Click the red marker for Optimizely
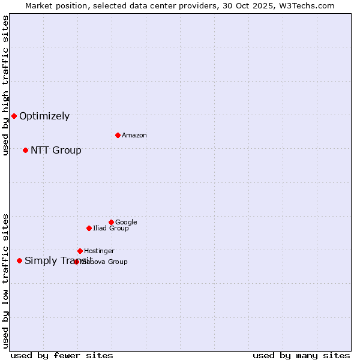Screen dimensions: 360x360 (x=14, y=116)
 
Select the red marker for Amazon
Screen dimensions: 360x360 (x=118, y=135)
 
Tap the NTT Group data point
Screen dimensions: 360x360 (x=25, y=150)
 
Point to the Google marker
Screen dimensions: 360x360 (x=111, y=222)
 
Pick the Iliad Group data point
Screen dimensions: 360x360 (x=89, y=228)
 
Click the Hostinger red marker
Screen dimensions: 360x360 (x=80, y=251)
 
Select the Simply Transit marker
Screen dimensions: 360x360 (x=19, y=260)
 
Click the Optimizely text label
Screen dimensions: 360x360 (x=44, y=116)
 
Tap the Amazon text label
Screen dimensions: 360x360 (x=134, y=136)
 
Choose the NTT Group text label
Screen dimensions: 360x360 (x=56, y=151)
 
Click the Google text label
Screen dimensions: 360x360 (x=126, y=223)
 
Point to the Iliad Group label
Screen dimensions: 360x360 (x=111, y=229)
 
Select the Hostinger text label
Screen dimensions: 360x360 (x=99, y=251)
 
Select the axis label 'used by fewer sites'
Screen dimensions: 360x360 (x=62, y=355)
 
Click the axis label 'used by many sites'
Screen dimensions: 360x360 (x=301, y=355)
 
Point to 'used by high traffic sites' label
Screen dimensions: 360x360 (x=6, y=85)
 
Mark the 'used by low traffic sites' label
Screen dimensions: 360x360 (x=6, y=280)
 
